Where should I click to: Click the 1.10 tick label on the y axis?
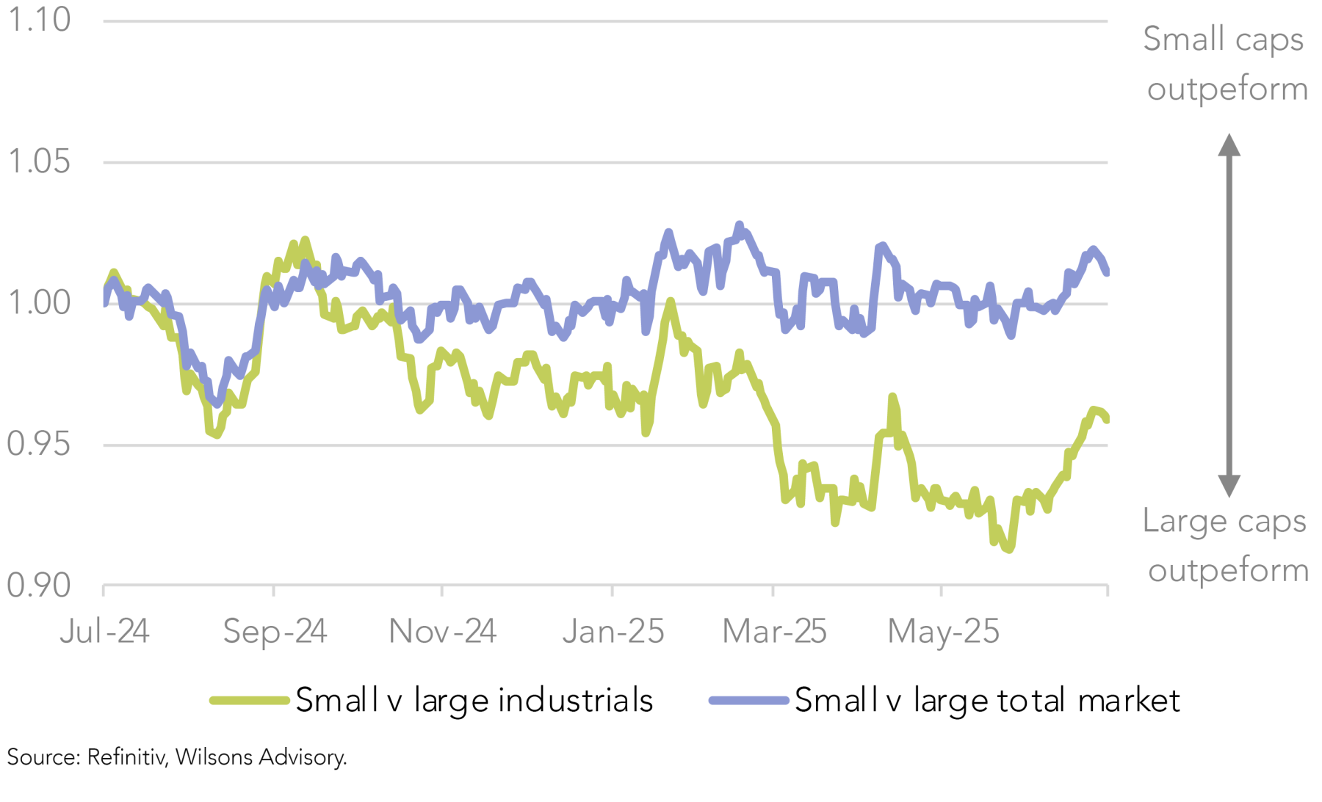pos(39,20)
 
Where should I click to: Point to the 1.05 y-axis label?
pos(39,161)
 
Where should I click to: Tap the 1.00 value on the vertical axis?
pos(39,302)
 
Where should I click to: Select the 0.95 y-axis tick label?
pos(39,444)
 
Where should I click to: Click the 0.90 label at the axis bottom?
pos(39,586)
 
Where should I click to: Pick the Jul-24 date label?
pos(104,631)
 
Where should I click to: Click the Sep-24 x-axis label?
pos(275,631)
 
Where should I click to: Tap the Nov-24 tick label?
pos(442,631)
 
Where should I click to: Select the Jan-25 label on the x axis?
pos(613,631)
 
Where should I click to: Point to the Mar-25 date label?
pos(774,631)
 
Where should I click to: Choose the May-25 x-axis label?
pos(943,631)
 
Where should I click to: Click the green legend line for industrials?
pos(249,701)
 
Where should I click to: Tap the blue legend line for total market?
pos(748,701)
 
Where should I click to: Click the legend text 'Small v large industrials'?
pos(474,701)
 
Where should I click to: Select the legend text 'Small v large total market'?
pos(987,701)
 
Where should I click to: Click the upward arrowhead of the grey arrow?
pos(1229,145)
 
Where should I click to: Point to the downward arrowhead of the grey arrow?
pos(1229,486)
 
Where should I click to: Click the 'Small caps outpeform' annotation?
pos(1226,64)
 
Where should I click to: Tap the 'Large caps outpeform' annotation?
pos(1226,545)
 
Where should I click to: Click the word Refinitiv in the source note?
pos(126,757)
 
